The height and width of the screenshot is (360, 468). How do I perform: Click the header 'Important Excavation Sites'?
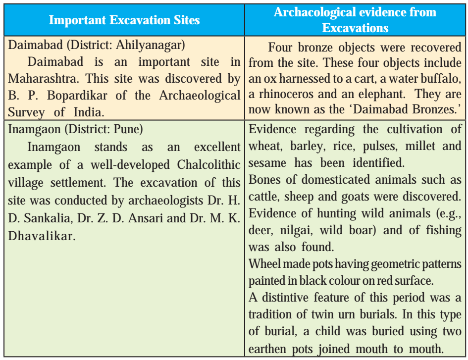[x=124, y=20]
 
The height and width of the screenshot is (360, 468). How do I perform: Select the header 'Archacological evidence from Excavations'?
[x=355, y=20]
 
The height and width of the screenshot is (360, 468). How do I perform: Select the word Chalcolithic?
[x=208, y=164]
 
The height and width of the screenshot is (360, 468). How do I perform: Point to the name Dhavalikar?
[x=42, y=236]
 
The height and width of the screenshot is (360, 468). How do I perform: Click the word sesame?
[x=267, y=163]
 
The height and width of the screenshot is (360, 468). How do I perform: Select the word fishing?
[x=444, y=230]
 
